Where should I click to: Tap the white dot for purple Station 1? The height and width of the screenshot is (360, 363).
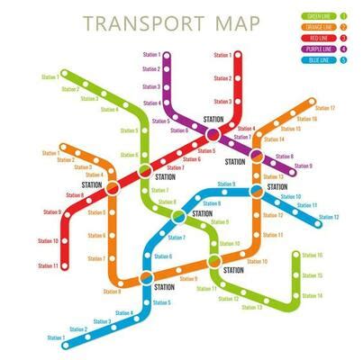[x=168, y=56]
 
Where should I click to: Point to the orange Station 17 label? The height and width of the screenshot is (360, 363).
[x=325, y=109]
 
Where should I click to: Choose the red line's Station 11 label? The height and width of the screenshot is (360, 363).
[x=48, y=265]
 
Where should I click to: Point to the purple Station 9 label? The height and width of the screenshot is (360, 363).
[x=304, y=166]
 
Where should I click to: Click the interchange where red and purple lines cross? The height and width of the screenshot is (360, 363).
[x=213, y=133]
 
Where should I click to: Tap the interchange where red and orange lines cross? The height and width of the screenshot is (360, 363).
[x=113, y=188]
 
